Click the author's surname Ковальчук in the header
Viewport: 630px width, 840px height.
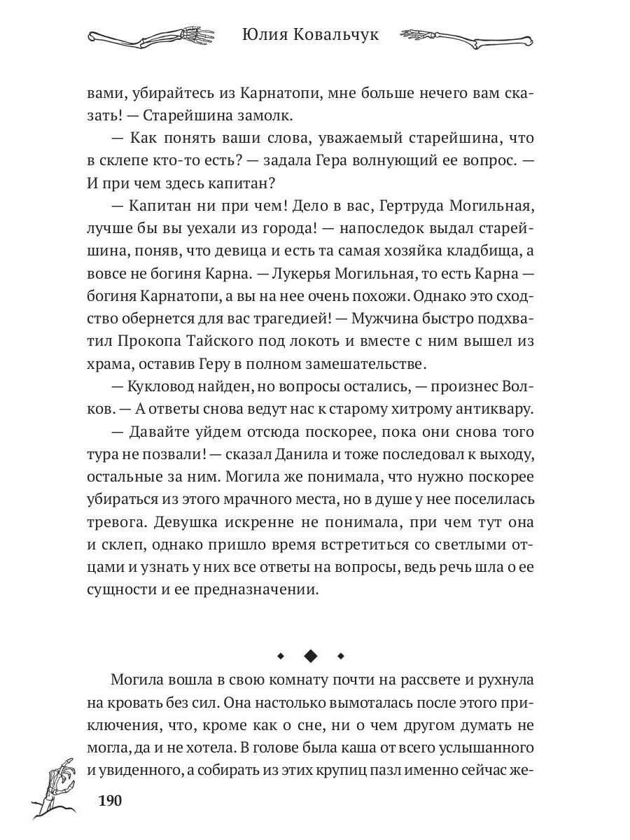[335, 34]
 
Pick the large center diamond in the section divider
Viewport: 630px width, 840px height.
[310, 656]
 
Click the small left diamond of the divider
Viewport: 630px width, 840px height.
[280, 656]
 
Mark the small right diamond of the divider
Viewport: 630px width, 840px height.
[341, 656]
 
